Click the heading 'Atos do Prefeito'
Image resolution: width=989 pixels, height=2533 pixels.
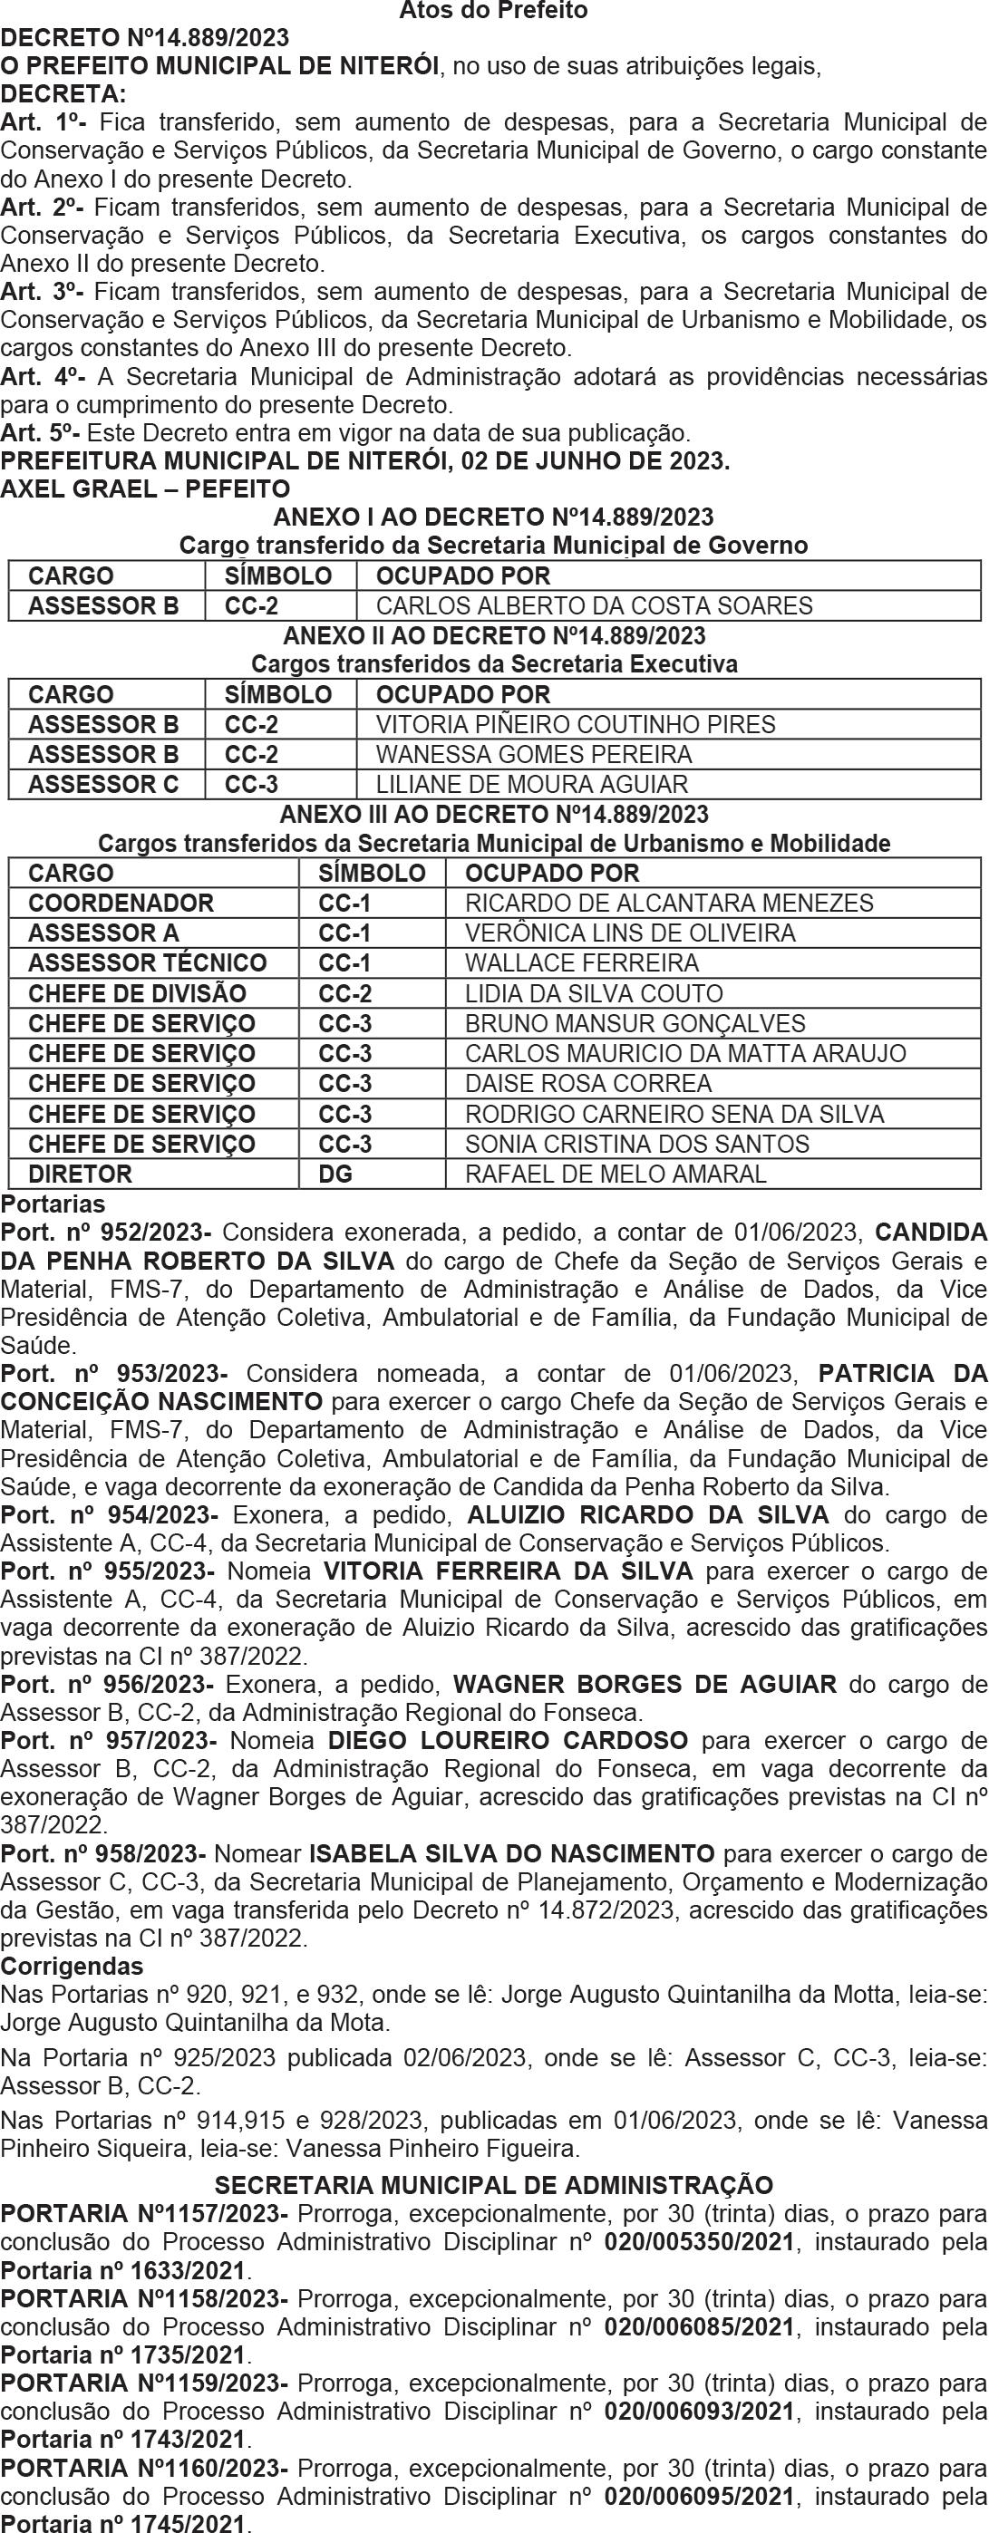pyautogui.click(x=493, y=12)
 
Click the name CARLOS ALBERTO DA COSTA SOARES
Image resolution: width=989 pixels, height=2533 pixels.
pyautogui.click(x=594, y=605)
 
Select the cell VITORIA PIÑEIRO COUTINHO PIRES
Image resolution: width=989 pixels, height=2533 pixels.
pyautogui.click(x=575, y=725)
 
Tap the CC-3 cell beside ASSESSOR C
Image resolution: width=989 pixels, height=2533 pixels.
pyautogui.click(x=252, y=785)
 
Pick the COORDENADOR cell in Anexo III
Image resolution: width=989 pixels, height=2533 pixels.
pyautogui.click(x=121, y=903)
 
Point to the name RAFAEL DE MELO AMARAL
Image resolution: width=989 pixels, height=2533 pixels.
pyautogui.click(x=616, y=1175)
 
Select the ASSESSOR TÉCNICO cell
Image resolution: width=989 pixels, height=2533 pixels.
pyautogui.click(x=148, y=962)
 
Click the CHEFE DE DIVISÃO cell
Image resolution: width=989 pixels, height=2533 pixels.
pyautogui.click(x=138, y=993)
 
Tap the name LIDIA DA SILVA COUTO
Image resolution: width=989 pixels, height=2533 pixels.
pyautogui.click(x=594, y=993)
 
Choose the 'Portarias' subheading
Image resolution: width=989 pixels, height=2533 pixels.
pyautogui.click(x=53, y=1204)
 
